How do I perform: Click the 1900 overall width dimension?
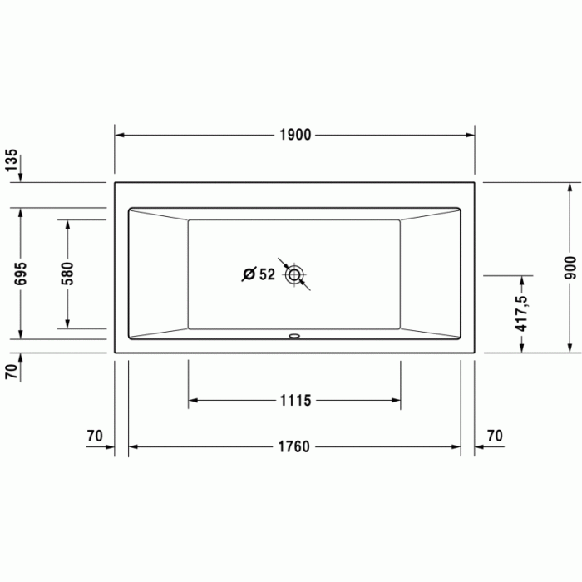click(x=295, y=135)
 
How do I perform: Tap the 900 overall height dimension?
click(x=570, y=266)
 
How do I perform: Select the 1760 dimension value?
click(x=293, y=447)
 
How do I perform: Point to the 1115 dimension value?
click(x=294, y=401)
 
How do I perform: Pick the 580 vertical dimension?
click(x=67, y=273)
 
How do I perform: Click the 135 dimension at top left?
click(x=12, y=160)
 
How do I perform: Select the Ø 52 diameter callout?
click(x=259, y=274)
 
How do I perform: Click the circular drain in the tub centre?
click(x=295, y=274)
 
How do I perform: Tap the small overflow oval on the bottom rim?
click(x=294, y=337)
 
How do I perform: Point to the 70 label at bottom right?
click(x=495, y=435)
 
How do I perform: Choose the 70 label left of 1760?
click(x=94, y=435)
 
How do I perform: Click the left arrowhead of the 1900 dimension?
click(x=119, y=135)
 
